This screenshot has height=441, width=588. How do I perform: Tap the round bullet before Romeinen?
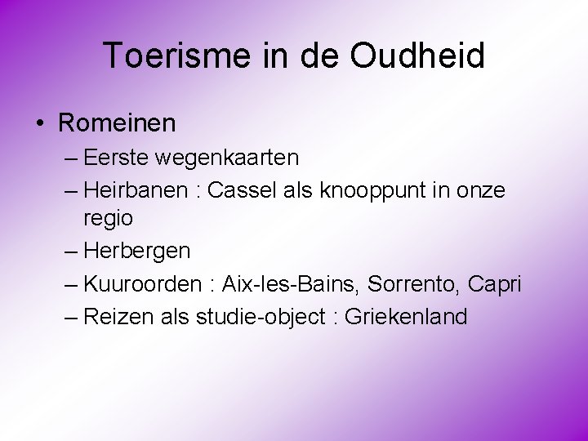(39, 124)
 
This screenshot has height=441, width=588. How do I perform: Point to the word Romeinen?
(117, 123)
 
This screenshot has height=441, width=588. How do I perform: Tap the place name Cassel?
(243, 190)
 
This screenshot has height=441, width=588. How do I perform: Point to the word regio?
(107, 219)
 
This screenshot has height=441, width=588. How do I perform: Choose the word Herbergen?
(136, 251)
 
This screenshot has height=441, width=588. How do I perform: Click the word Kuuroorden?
(140, 284)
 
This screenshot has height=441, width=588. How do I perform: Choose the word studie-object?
(261, 317)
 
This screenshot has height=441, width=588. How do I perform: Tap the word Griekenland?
(406, 317)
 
